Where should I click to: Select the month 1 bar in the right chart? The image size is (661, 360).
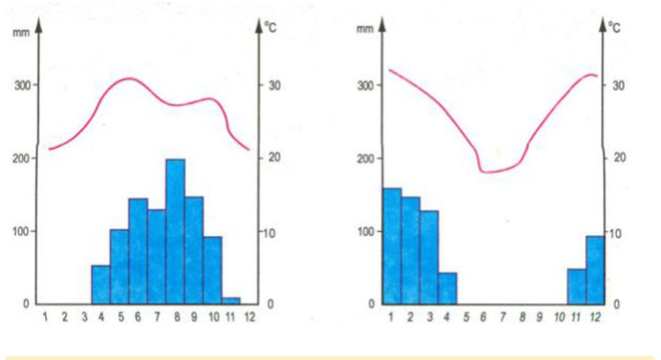pos(392,245)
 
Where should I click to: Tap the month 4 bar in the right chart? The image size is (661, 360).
pos(447,288)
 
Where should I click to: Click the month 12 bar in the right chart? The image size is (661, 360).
pos(596,269)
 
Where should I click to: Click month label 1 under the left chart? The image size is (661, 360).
pos(45,317)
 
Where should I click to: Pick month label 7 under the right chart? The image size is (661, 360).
pos(503,317)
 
